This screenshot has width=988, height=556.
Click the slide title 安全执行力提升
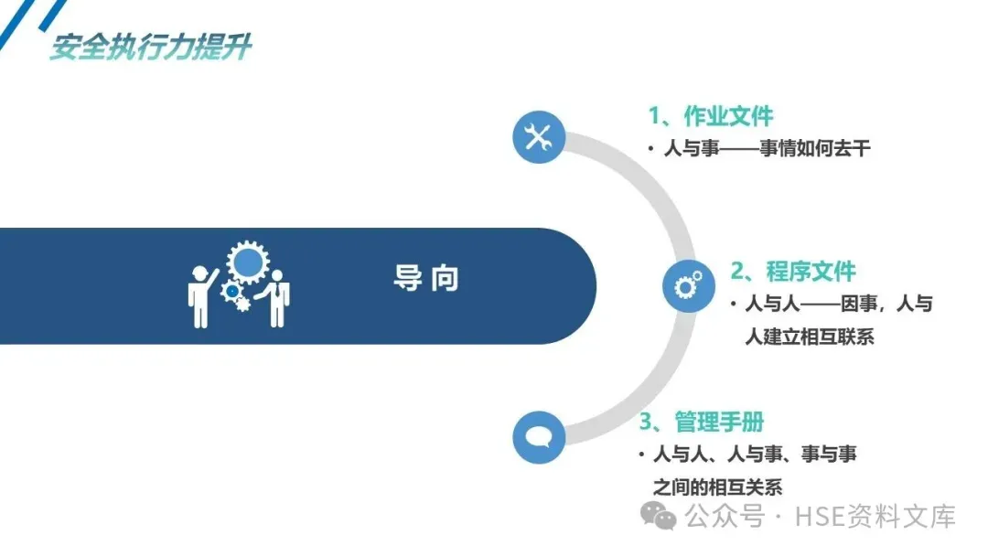pyautogui.click(x=150, y=48)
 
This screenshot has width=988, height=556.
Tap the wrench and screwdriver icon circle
pyautogui.click(x=539, y=137)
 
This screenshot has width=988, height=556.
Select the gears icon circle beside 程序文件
pyautogui.click(x=688, y=285)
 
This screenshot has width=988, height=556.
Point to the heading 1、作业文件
pyautogui.click(x=711, y=116)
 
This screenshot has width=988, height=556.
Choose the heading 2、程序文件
pyautogui.click(x=792, y=272)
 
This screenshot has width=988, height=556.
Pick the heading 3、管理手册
pyautogui.click(x=702, y=422)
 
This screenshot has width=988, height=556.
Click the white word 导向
pyautogui.click(x=426, y=279)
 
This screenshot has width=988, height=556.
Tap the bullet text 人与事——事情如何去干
pyautogui.click(x=766, y=148)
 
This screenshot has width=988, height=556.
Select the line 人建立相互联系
pyautogui.click(x=810, y=337)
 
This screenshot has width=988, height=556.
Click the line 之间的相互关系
pyautogui.click(x=718, y=486)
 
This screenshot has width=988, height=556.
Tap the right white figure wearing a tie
pyautogui.click(x=276, y=302)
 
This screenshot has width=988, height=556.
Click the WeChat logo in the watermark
pyautogui.click(x=659, y=516)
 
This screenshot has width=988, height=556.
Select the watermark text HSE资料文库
pyautogui.click(x=875, y=517)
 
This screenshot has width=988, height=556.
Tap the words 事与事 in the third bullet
pyautogui.click(x=829, y=454)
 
